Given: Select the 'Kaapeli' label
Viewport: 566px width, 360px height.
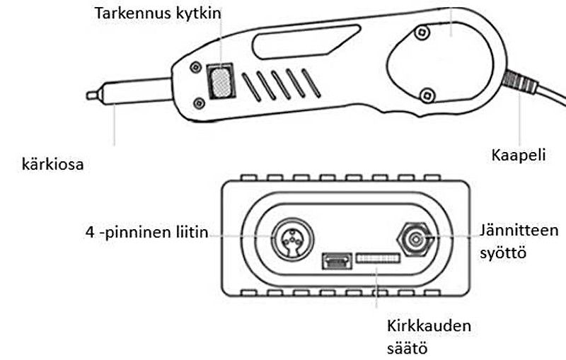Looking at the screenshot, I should pos(519,154).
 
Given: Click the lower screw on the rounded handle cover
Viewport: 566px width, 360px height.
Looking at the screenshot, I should pos(426,94).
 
